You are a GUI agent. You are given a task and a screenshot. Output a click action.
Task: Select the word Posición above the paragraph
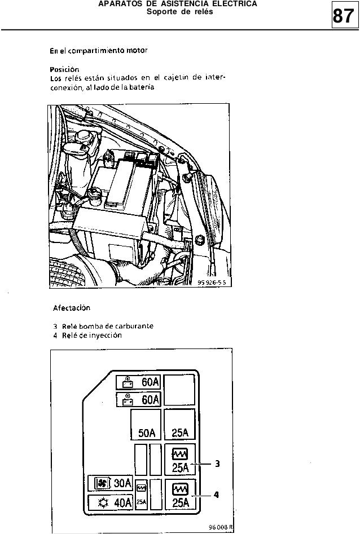click(63, 70)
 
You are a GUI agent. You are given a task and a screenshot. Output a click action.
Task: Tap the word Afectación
click(72, 308)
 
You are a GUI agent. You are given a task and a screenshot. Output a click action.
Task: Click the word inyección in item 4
click(104, 335)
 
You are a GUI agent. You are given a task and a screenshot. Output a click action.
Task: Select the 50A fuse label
click(146, 433)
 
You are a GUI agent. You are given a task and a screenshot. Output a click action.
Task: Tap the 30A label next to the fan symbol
click(122, 483)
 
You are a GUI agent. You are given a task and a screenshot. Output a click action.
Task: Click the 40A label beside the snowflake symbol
click(122, 501)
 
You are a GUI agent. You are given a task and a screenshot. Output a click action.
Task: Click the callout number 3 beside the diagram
click(217, 464)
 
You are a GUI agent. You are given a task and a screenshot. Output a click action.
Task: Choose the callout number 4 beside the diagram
click(216, 495)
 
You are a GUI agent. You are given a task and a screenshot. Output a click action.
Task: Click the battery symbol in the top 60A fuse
click(128, 383)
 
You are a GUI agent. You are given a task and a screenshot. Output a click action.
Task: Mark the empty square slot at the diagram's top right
click(179, 389)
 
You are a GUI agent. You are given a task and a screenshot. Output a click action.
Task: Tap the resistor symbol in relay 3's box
click(179, 453)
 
